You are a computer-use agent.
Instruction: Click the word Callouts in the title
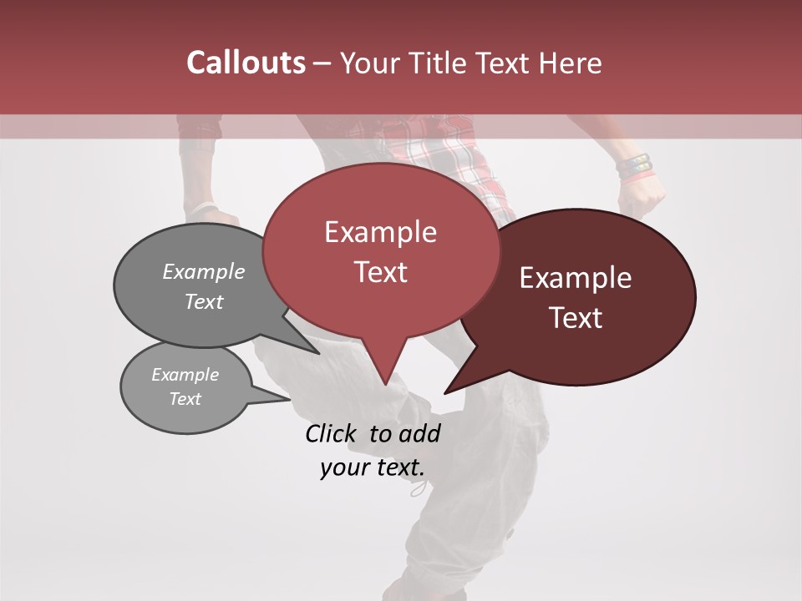(246, 63)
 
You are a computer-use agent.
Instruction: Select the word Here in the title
(567, 63)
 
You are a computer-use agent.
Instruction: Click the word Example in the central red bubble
(380, 232)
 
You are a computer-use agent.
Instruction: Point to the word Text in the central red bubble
(380, 272)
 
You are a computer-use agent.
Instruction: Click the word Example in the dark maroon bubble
(576, 278)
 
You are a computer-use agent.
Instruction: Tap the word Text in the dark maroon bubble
(576, 318)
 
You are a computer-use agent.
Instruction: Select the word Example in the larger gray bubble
(204, 271)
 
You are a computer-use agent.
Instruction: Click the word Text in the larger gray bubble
(204, 301)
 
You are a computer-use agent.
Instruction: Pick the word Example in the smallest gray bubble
(185, 375)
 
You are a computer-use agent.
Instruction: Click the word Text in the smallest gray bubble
(185, 399)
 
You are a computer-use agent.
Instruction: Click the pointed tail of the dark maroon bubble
(447, 391)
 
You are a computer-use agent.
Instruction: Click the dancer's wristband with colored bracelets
(634, 167)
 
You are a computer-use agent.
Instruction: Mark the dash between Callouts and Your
(322, 63)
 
